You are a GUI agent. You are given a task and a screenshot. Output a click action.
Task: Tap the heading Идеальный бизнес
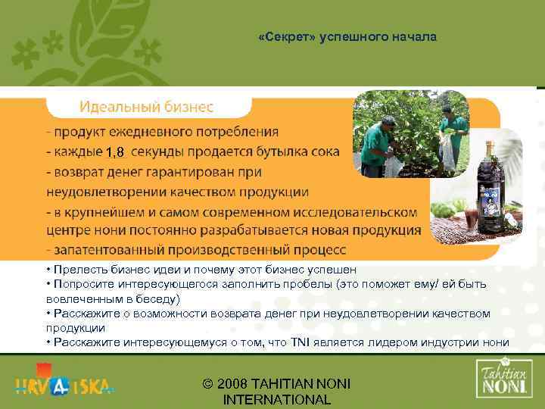point(147,105)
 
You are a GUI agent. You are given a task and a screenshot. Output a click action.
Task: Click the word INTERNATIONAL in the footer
point(278,400)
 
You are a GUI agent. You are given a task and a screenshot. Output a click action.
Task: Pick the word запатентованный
point(102,249)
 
